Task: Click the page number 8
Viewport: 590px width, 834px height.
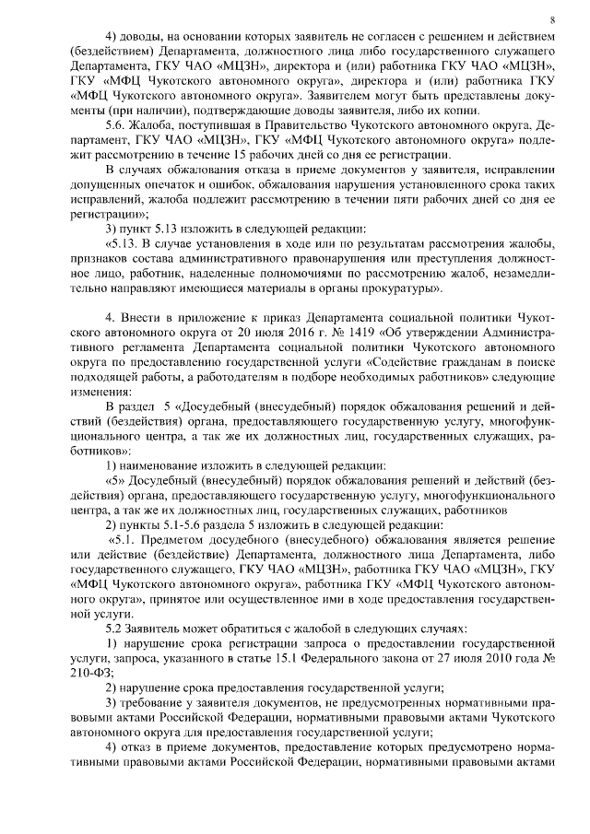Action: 551,19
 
